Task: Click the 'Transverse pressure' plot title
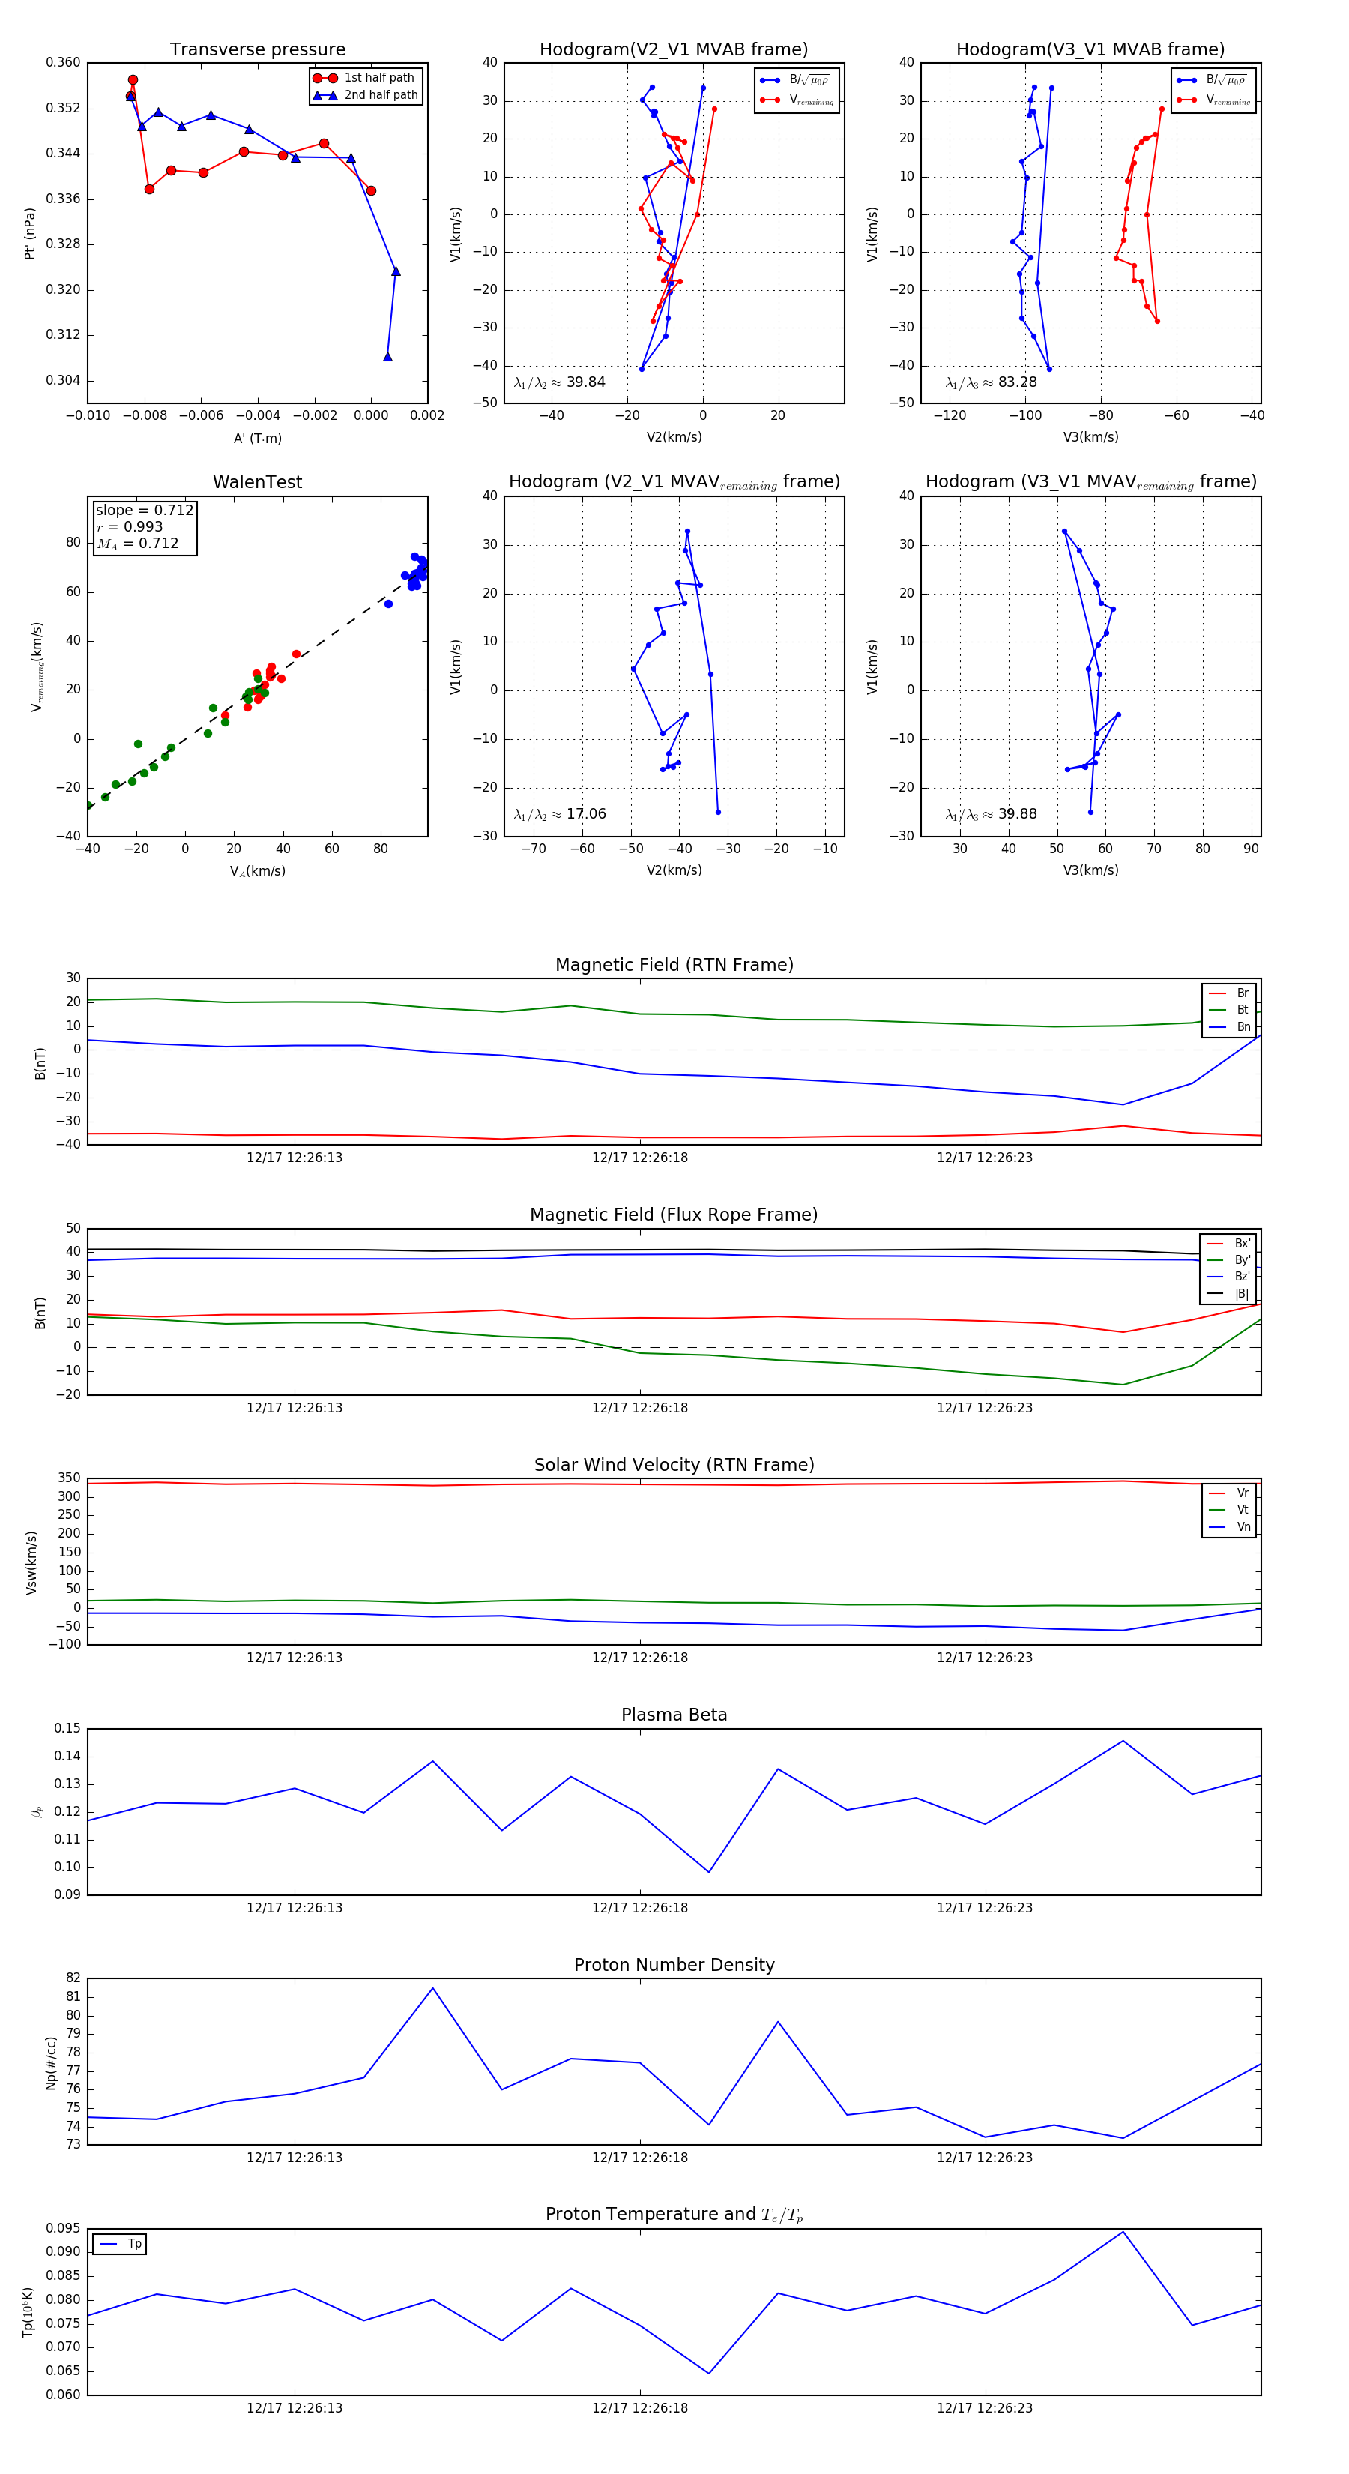[x=257, y=50]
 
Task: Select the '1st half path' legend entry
[x=378, y=78]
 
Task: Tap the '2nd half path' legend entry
[x=380, y=95]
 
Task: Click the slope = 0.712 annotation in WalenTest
[x=144, y=510]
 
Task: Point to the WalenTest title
[x=257, y=482]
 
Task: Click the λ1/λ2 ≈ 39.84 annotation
[x=559, y=382]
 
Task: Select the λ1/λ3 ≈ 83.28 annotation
[x=991, y=382]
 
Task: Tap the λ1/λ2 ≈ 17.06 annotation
[x=560, y=814]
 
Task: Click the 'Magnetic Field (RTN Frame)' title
[x=674, y=965]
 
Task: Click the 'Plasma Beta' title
[x=674, y=1715]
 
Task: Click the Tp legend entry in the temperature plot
[x=133, y=2245]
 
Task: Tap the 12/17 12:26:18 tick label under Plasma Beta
[x=639, y=1908]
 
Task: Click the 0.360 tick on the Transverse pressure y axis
[x=64, y=62]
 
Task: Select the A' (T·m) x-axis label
[x=257, y=439]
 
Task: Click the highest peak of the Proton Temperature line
[x=1123, y=2232]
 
